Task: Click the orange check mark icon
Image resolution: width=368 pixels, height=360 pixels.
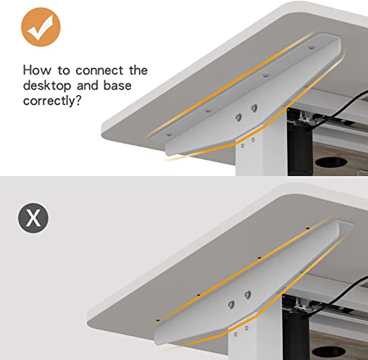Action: [x=41, y=27]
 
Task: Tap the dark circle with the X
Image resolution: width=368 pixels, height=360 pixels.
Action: [x=33, y=218]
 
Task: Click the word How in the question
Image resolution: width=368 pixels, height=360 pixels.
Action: [x=37, y=70]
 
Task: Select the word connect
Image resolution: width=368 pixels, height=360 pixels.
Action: [x=99, y=70]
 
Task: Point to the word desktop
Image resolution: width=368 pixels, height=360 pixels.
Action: [x=47, y=85]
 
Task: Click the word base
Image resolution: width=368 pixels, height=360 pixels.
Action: [x=117, y=85]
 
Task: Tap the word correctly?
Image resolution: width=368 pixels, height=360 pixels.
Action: [x=52, y=101]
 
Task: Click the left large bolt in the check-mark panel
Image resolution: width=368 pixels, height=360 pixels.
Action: [x=238, y=117]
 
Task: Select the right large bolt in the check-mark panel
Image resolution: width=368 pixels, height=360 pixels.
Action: [x=254, y=108]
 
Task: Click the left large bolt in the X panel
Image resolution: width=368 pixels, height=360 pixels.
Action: [x=231, y=304]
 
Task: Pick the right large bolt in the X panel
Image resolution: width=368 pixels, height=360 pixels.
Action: [x=247, y=294]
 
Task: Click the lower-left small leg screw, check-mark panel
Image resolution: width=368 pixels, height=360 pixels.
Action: [x=243, y=146]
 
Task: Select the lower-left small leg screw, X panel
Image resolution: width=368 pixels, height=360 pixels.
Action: [x=235, y=334]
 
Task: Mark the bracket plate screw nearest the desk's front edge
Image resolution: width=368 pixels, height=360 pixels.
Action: [x=168, y=135]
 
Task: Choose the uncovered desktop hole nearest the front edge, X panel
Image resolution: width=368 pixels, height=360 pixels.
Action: [x=158, y=320]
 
